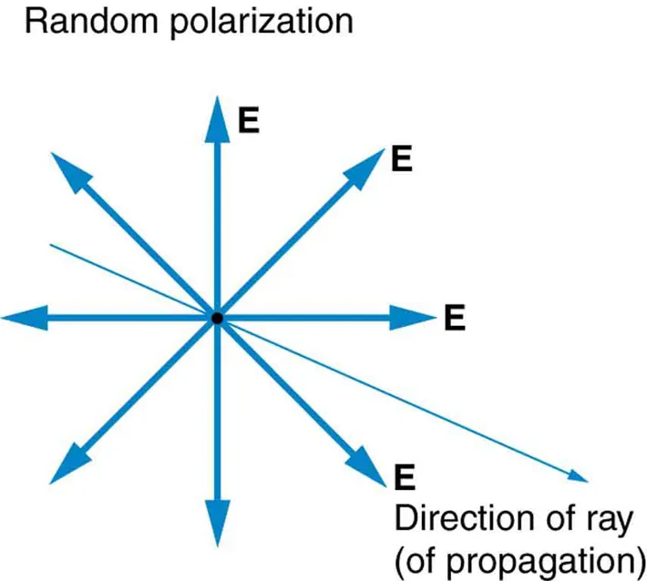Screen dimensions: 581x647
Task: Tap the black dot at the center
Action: (x=217, y=318)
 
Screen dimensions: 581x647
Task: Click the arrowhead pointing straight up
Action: (x=217, y=114)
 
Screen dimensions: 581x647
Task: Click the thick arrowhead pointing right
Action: (x=415, y=318)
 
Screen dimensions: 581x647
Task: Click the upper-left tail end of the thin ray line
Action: (x=53, y=245)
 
